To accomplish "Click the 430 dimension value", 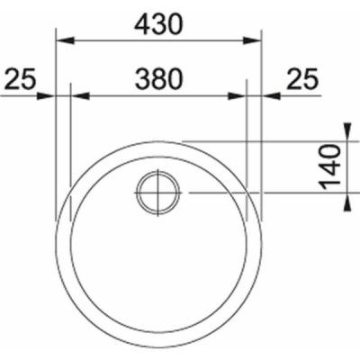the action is pos(158,24).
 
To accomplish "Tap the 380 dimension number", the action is pos(158,79).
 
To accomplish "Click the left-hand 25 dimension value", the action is pos(20,79).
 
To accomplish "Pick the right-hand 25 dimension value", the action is pos(301,79).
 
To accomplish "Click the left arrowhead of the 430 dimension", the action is pos(66,40).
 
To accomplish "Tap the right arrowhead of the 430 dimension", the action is pos(252,40).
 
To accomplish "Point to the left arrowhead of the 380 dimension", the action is pos(80,96).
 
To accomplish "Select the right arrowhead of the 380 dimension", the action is pos(237,96).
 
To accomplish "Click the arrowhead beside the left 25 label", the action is pos(47,96).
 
